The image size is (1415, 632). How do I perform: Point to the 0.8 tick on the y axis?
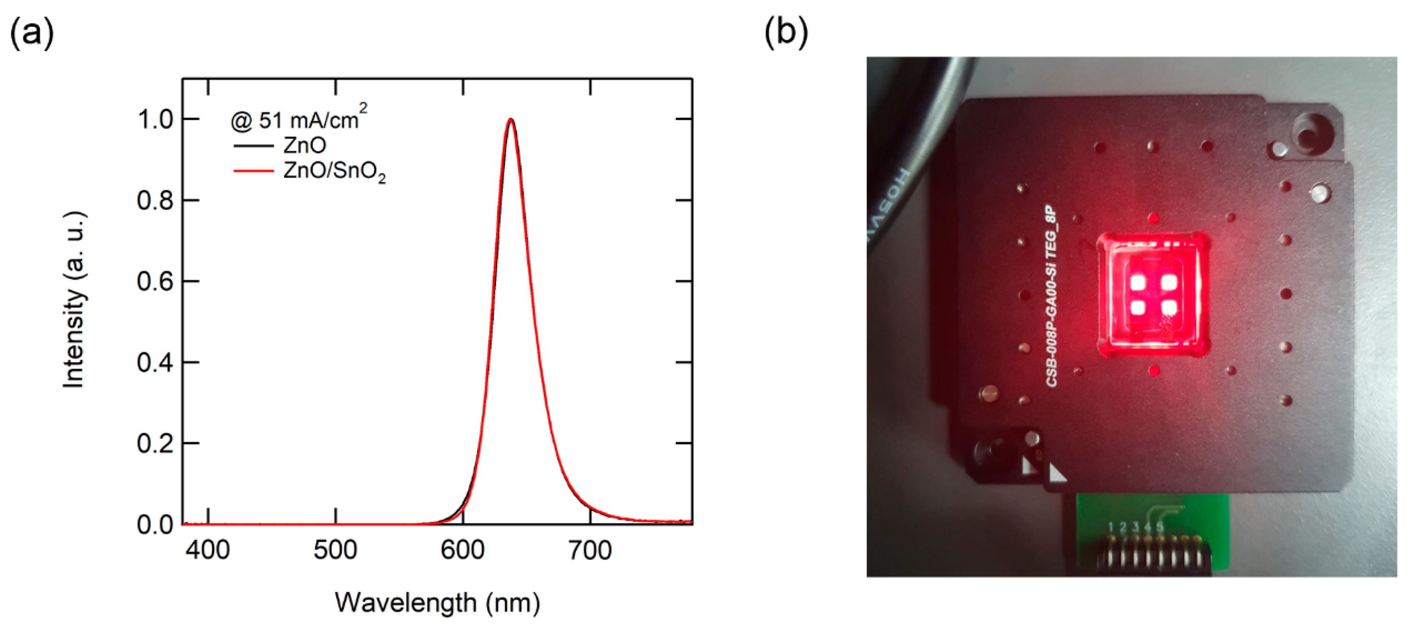pos(155,200)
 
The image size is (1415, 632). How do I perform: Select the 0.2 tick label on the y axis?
pos(155,444)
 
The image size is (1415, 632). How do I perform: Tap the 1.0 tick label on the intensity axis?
pos(155,120)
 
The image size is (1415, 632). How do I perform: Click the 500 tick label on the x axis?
pos(335,550)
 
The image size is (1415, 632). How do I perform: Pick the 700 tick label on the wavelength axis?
pos(590,550)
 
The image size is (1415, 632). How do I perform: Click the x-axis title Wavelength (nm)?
pos(437,603)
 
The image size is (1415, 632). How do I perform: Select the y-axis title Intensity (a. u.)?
pos(74,300)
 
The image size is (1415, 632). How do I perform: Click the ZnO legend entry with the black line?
pos(280,146)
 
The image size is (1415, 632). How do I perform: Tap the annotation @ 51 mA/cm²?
pos(298,119)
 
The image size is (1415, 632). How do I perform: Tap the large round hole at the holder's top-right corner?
pos(1313,133)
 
